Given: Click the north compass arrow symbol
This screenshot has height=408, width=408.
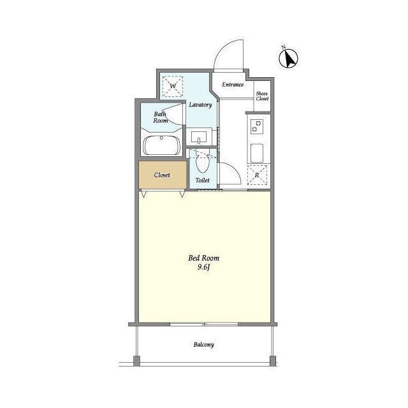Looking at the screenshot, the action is [x=288, y=58].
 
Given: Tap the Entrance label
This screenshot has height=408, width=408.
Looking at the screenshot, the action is [x=233, y=85].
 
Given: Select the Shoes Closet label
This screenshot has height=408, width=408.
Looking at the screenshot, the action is [x=262, y=96].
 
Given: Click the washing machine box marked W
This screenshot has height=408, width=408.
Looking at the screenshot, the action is [x=173, y=86].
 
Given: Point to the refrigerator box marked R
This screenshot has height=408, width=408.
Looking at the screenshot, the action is [x=257, y=175].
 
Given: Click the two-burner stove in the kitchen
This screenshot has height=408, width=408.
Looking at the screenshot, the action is [x=256, y=127].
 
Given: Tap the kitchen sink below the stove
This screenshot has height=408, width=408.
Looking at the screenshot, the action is [x=257, y=153].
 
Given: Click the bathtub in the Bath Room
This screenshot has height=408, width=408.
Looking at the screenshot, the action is [x=161, y=145].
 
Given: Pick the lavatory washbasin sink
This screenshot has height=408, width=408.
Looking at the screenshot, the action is [x=199, y=137].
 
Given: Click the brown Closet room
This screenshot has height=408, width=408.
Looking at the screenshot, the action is [x=163, y=175].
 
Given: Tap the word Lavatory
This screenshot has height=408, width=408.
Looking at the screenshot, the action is [x=200, y=105].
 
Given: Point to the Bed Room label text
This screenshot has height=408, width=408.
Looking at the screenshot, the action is [x=204, y=258].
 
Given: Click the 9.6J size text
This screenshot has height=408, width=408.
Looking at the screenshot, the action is [x=204, y=267].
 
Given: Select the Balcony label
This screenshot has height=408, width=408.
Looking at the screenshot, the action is [x=204, y=344].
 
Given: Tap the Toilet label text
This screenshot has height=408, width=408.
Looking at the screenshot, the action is [x=203, y=180].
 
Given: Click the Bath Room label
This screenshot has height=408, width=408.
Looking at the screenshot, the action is [x=160, y=117].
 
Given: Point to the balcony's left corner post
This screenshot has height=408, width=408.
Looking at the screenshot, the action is [x=136, y=361].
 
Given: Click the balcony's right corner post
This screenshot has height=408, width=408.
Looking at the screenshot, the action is [x=273, y=361].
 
